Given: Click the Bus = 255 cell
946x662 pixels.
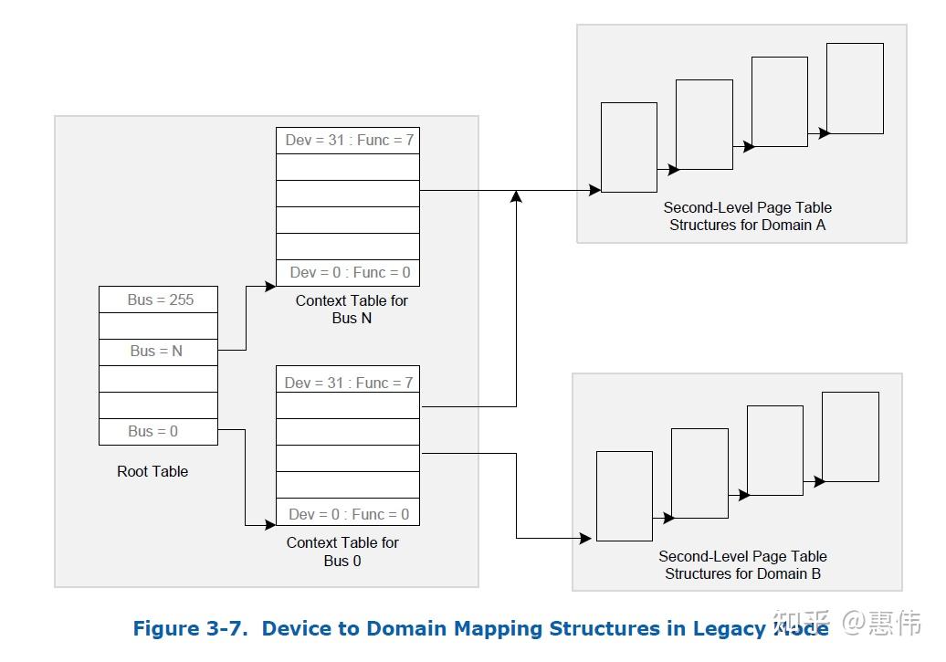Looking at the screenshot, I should (x=159, y=299).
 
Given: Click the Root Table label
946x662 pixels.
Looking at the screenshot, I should (x=152, y=471).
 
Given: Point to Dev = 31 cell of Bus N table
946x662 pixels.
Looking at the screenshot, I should (x=348, y=141).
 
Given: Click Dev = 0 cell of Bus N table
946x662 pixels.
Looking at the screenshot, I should (x=348, y=272).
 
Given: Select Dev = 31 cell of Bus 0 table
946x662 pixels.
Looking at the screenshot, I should (x=348, y=383).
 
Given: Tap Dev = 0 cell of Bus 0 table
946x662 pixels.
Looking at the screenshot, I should (x=348, y=514).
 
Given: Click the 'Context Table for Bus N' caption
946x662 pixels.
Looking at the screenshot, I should (x=352, y=310).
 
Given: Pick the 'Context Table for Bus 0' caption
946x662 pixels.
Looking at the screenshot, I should (x=342, y=552).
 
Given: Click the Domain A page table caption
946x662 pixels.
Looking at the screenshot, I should (x=747, y=216).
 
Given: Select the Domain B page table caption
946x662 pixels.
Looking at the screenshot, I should (x=742, y=565).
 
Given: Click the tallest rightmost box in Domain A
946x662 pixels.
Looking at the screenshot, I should (x=855, y=89).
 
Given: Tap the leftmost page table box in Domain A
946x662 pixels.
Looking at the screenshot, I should (x=629, y=147).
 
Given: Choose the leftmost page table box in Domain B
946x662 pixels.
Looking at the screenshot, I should (x=625, y=496).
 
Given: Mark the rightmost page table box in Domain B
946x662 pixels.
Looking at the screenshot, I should (x=850, y=436).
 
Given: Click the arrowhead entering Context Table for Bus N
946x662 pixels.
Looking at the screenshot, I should (x=270, y=286).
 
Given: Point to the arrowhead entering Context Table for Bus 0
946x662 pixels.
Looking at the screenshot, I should (x=270, y=524).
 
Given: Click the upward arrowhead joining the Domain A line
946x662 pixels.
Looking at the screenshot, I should (x=517, y=195).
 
